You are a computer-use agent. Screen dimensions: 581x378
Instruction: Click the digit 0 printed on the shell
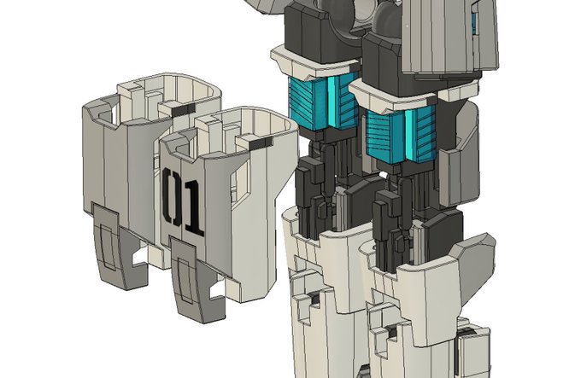point(171,197)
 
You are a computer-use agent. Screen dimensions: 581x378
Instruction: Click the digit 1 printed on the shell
point(193,208)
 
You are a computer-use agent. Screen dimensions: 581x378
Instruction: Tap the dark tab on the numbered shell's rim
point(261,143)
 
